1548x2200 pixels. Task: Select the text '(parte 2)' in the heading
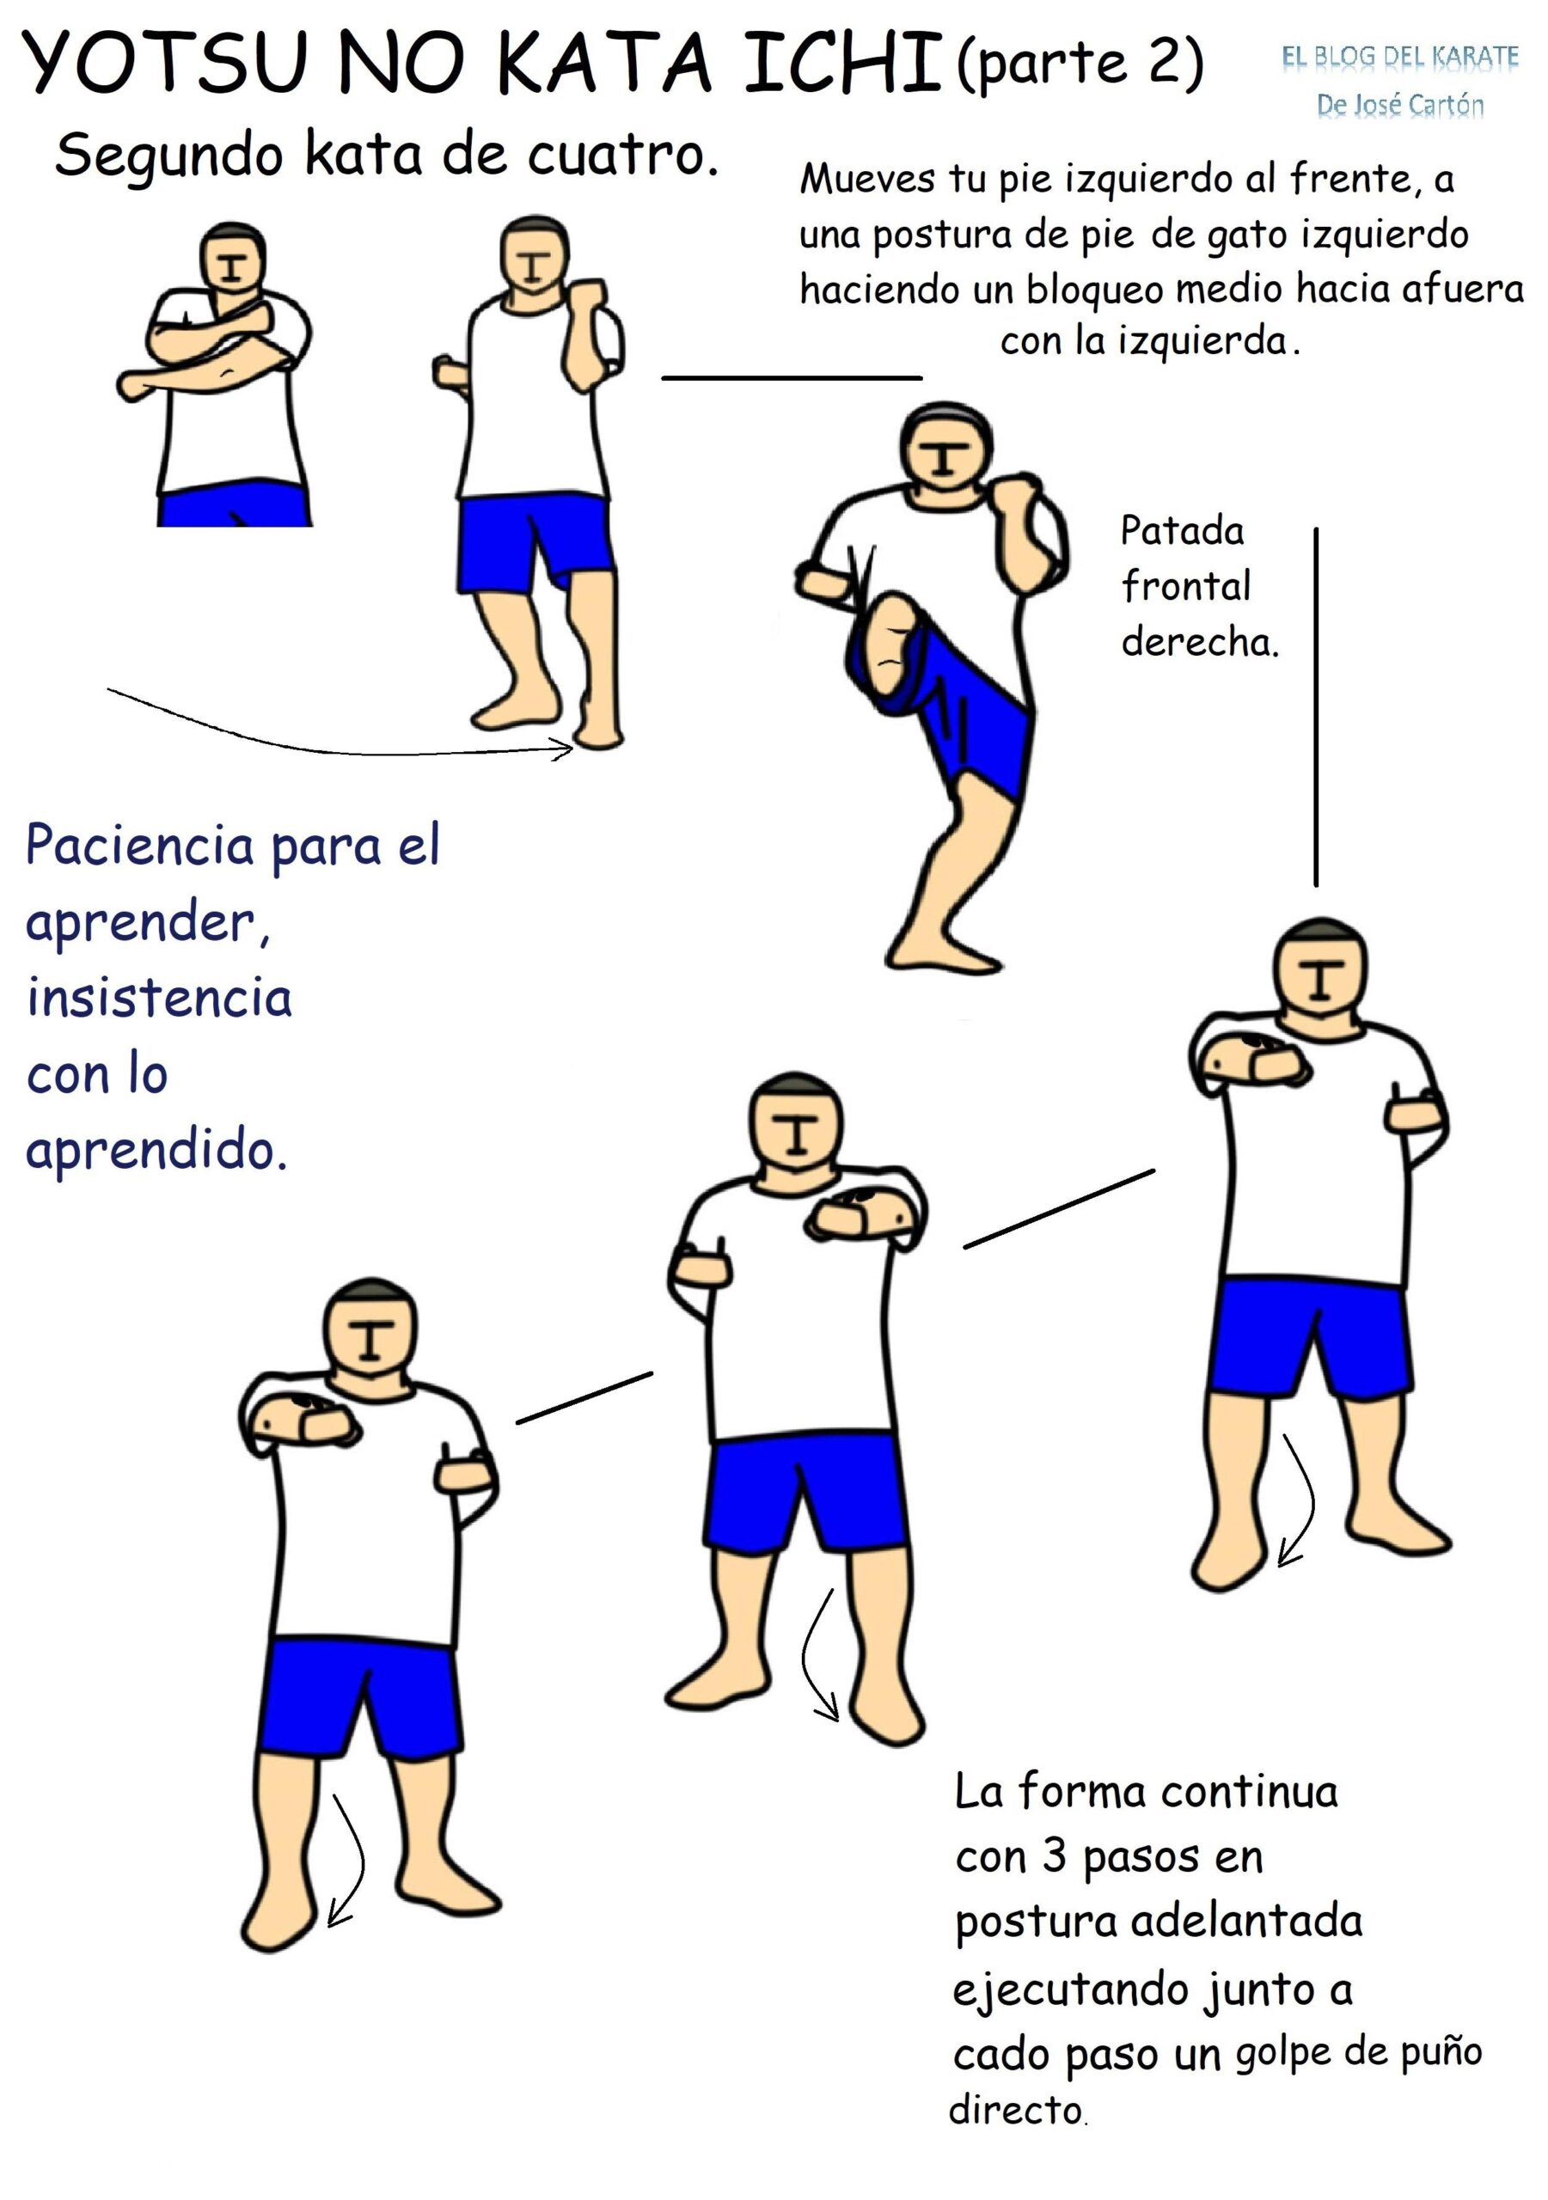[1080, 64]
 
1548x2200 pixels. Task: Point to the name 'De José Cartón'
[1399, 105]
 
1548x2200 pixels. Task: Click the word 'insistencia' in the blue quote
[159, 998]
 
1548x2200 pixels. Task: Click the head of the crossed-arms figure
[232, 259]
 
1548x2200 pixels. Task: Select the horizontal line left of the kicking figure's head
[792, 378]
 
